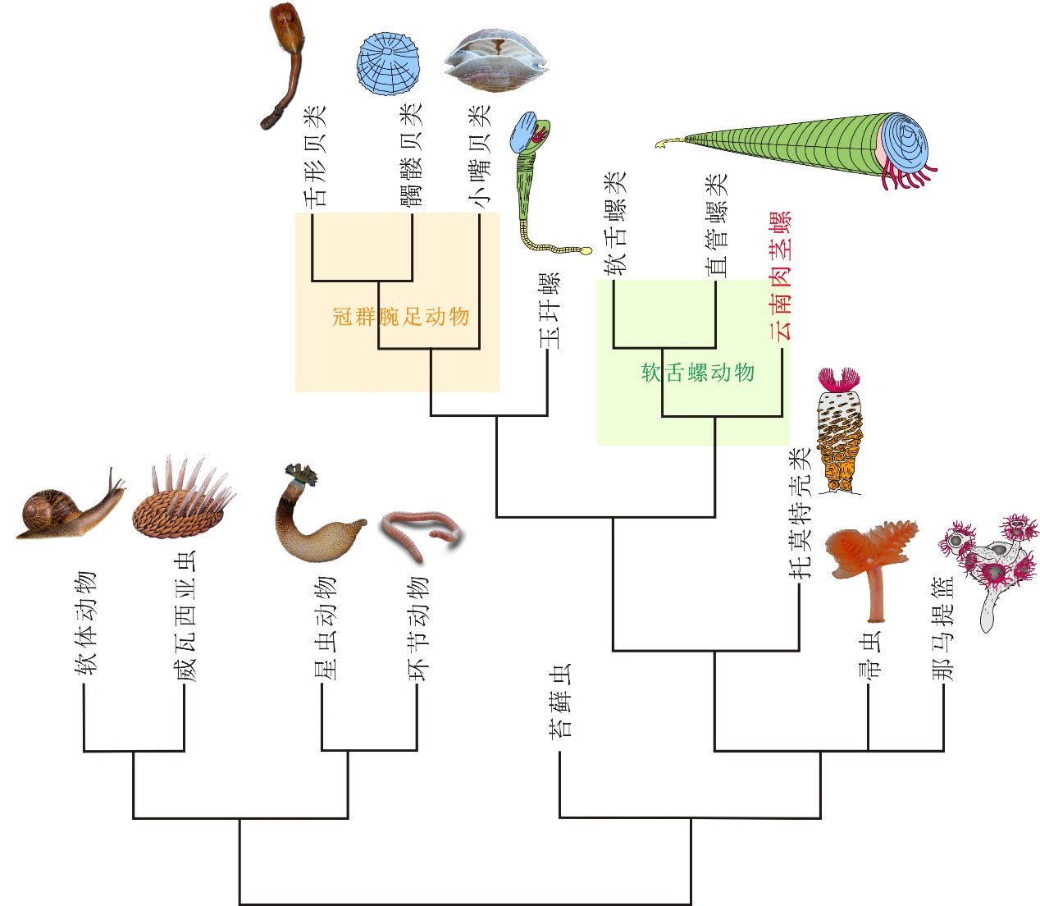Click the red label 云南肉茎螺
click(x=780, y=275)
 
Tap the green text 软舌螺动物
click(x=697, y=373)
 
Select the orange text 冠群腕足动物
click(x=400, y=316)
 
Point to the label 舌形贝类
click(x=315, y=155)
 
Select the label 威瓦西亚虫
click(x=185, y=615)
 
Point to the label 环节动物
click(x=418, y=629)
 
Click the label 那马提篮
click(x=943, y=629)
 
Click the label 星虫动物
click(x=323, y=629)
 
